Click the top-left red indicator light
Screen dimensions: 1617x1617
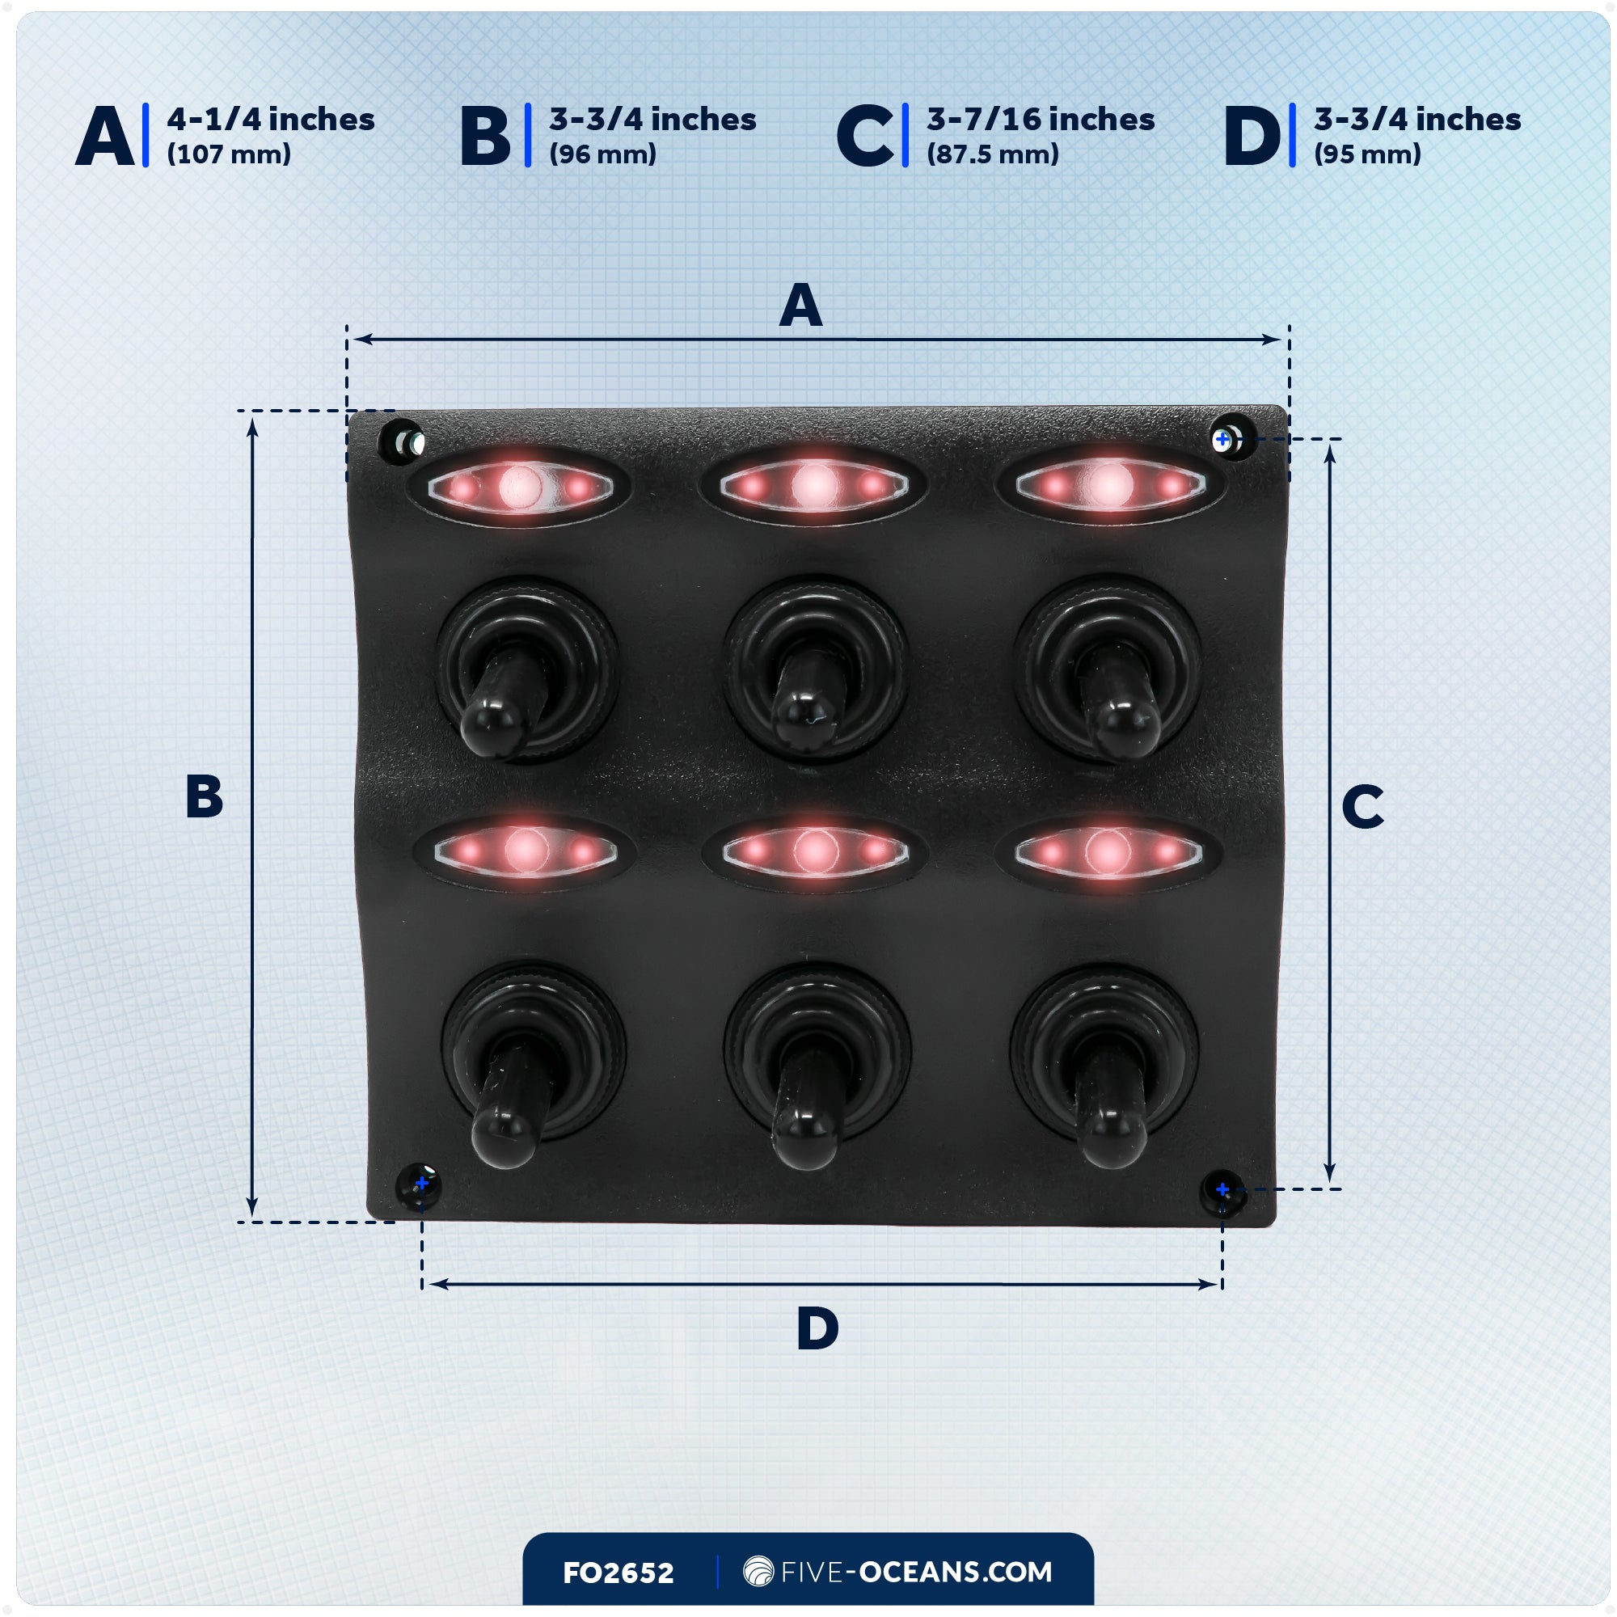(520, 486)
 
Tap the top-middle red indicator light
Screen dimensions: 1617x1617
(813, 485)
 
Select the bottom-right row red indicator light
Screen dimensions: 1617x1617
(1108, 852)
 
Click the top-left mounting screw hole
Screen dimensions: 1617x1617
(403, 441)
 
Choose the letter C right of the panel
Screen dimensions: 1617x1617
(1362, 807)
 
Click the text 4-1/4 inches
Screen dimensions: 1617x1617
(270, 120)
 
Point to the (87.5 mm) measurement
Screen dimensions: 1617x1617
(992, 154)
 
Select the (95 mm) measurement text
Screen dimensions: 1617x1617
(1366, 154)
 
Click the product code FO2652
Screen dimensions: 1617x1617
(618, 1573)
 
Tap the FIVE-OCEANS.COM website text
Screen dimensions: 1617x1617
(916, 1572)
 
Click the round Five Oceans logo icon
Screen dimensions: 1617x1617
(758, 1571)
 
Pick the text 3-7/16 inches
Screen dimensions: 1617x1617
(1040, 120)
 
